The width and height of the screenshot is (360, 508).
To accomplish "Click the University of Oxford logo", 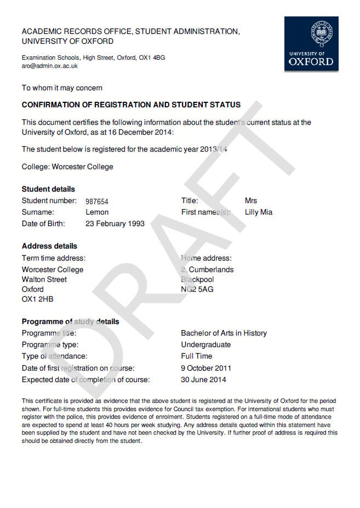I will click(x=311, y=44).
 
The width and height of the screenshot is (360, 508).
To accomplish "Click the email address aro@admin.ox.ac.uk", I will click(x=50, y=66).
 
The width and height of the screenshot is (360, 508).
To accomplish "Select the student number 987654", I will click(x=97, y=201).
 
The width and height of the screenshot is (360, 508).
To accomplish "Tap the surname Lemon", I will click(x=97, y=212).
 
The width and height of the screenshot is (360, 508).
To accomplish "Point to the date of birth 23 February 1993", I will click(x=115, y=223).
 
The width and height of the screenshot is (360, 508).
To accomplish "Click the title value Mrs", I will click(x=251, y=201).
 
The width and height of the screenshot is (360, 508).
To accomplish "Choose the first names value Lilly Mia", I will click(x=259, y=212).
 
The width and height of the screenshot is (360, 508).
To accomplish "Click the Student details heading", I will click(x=48, y=189).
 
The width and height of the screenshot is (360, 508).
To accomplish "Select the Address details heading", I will click(x=49, y=246).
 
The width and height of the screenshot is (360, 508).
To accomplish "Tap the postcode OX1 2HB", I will click(x=38, y=299).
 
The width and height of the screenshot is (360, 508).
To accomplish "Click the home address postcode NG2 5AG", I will click(x=197, y=289).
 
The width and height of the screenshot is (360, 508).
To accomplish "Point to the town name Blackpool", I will click(x=197, y=280).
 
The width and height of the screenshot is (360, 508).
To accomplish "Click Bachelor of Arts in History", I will click(x=224, y=333).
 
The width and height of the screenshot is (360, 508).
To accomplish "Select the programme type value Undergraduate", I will click(x=206, y=345).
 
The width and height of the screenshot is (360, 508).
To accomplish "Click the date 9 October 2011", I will click(x=206, y=368).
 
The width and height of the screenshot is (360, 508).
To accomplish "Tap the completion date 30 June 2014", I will click(x=203, y=379).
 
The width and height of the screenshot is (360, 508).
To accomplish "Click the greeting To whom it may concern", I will click(x=62, y=88).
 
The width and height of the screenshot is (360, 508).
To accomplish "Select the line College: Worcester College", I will click(x=67, y=166).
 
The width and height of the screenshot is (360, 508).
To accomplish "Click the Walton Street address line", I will click(x=44, y=280).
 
